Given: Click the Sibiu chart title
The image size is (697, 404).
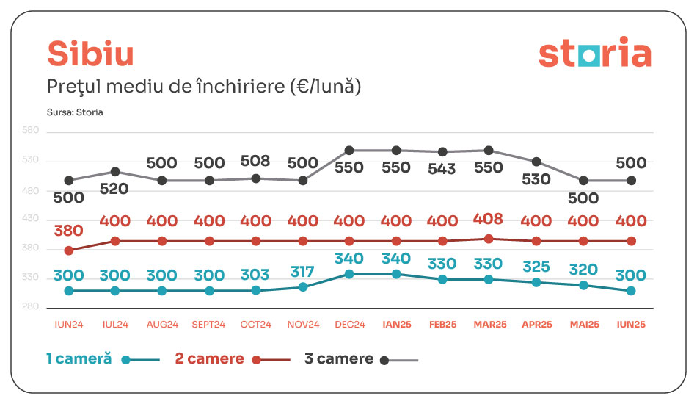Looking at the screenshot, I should (x=90, y=54).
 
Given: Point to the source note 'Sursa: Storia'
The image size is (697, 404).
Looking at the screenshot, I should (x=75, y=112).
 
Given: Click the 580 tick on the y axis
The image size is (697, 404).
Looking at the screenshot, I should (x=31, y=131).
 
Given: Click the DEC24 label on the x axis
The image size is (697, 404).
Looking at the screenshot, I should (x=349, y=325).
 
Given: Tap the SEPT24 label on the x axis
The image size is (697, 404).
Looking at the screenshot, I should (x=209, y=325).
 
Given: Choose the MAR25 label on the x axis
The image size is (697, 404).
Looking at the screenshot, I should (x=489, y=325).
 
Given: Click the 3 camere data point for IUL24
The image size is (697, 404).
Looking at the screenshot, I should (x=115, y=172).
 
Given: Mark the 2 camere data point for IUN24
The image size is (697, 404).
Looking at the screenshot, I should (x=69, y=250).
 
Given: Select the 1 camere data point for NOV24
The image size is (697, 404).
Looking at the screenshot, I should (x=303, y=287).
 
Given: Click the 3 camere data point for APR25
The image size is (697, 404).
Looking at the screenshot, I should (x=536, y=162).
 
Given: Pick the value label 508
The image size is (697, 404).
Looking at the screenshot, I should (x=255, y=162).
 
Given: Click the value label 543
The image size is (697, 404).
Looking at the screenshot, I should (x=442, y=169).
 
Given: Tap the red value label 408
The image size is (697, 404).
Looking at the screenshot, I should (x=489, y=220).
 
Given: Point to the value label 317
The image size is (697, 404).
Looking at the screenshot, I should (x=302, y=270).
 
